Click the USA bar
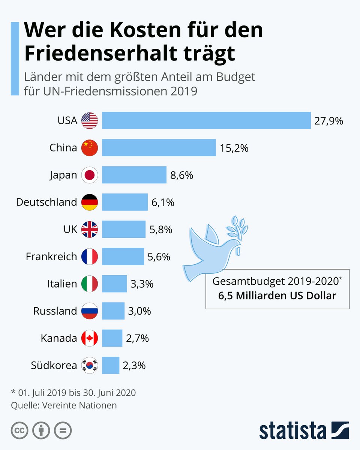[x=206, y=120]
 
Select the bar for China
[x=159, y=148]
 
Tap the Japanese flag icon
[x=90, y=175]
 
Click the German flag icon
[x=90, y=202]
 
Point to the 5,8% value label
[x=160, y=229]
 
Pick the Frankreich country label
[x=51, y=257]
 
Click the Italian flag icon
[x=90, y=284]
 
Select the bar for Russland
[x=113, y=311]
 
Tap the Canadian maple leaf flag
[x=90, y=338]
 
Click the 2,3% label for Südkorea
[x=134, y=365]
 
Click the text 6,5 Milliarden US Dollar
[x=277, y=295]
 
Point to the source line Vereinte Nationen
[x=64, y=405]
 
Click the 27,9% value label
[x=329, y=121]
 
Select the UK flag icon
[x=90, y=229]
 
